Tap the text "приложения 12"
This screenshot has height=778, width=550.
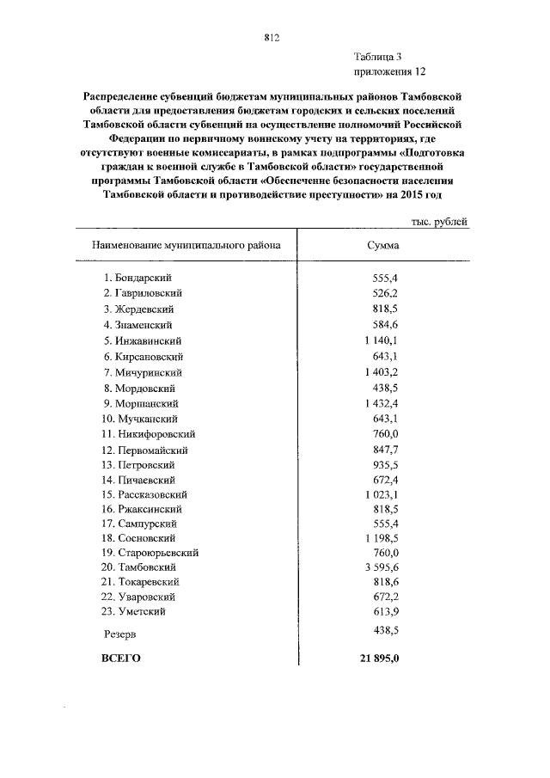coord(389,72)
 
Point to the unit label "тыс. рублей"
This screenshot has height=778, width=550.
coord(439,222)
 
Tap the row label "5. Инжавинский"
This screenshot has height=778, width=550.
coord(143,340)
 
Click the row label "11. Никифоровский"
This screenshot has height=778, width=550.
coord(148,433)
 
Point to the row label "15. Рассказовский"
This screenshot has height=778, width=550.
coord(150,495)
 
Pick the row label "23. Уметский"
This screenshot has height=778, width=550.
coord(135,611)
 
